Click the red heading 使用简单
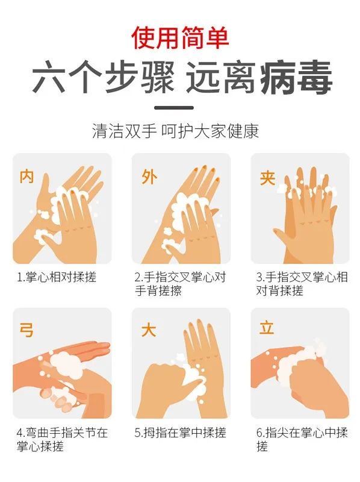coord(180,38)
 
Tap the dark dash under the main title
coord(174,108)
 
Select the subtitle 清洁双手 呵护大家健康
coord(175,131)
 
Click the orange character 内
coord(26,177)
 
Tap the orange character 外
coord(149,177)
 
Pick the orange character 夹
coord(267,178)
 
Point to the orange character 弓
coord(26,330)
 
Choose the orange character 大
coord(149,330)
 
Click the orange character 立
coord(266,328)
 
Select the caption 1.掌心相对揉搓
coord(57,277)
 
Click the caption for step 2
coord(181,284)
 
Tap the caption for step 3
coord(302,284)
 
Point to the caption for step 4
coord(63,439)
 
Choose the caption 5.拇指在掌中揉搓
coord(181,433)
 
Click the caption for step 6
coord(302,439)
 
